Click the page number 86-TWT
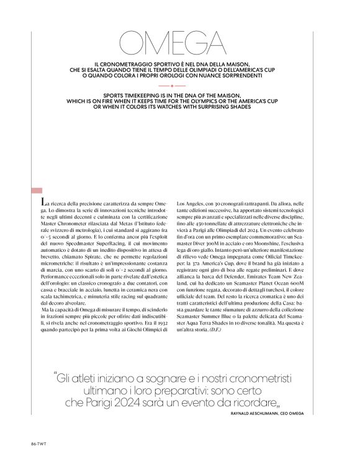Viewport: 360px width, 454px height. (x=38, y=443)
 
